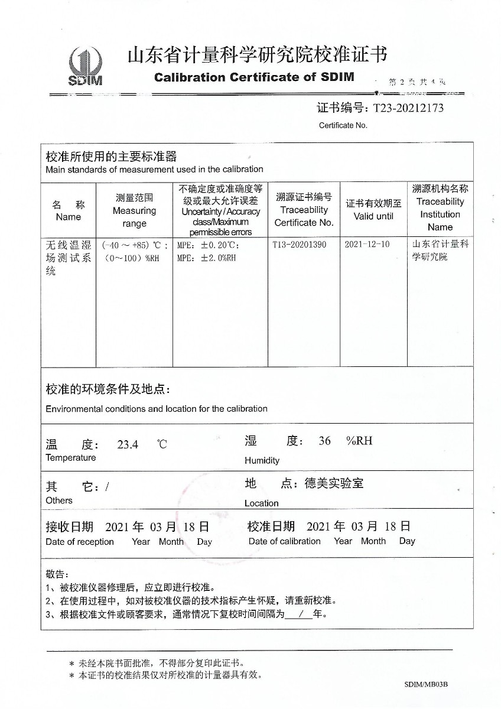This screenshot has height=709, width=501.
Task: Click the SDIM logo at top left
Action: pyautogui.click(x=85, y=66)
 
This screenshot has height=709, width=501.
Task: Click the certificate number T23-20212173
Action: pyautogui.click(x=406, y=108)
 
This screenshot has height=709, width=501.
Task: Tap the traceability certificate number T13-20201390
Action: pyautogui.click(x=300, y=244)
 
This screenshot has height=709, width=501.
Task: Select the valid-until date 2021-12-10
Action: pyautogui.click(x=367, y=244)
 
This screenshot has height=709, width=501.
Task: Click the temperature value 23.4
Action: pyautogui.click(x=128, y=445)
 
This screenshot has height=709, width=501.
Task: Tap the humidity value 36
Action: pyautogui.click(x=324, y=441)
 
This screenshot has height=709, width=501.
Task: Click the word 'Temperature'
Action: pyautogui.click(x=70, y=458)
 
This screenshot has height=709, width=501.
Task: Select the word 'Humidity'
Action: pyautogui.click(x=262, y=460)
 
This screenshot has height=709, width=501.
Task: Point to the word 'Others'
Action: pyautogui.click(x=59, y=500)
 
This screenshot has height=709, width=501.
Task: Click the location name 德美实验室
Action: pyautogui.click(x=334, y=483)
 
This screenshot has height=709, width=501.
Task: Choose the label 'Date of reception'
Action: pyautogui.click(x=80, y=542)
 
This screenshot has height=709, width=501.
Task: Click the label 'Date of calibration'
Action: pyautogui.click(x=285, y=541)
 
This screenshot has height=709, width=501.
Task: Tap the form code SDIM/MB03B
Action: pyautogui.click(x=426, y=684)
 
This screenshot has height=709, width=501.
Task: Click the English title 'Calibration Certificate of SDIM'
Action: pyautogui.click(x=254, y=77)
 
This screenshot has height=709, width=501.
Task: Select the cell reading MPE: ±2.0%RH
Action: pyautogui.click(x=207, y=258)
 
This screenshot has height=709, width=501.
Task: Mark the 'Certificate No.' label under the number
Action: pyautogui.click(x=343, y=125)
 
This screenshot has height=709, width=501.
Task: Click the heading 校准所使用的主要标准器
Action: pyautogui.click(x=111, y=157)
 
